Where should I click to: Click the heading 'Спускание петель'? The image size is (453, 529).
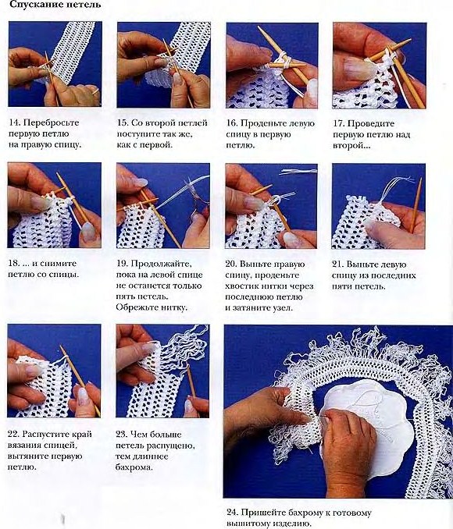[x=55, y=5]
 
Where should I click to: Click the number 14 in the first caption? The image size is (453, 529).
[x=14, y=122]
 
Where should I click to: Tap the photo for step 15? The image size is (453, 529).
[x=163, y=65]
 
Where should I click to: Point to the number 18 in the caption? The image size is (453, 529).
[x=13, y=264]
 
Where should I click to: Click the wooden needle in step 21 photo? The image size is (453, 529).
[x=416, y=205]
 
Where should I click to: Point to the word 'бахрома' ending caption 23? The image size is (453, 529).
[x=134, y=467]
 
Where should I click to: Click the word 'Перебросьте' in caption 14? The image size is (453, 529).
[x=52, y=122]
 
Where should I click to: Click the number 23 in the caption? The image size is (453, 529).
[x=121, y=435]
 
